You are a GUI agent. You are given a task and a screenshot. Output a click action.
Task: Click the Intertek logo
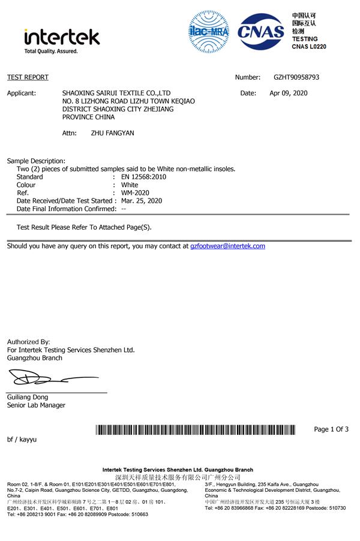pyautogui.click(x=61, y=38)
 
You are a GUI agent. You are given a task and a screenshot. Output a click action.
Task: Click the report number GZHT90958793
pyautogui.click(x=296, y=77)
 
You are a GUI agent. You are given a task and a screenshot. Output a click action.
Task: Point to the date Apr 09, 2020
pyautogui.click(x=288, y=93)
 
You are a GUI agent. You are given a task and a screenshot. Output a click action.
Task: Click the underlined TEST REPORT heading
pyautogui.click(x=28, y=77)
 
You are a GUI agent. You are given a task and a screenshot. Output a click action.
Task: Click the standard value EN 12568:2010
pyautogui.click(x=143, y=177)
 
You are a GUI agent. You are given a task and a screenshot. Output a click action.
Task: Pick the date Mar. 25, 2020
pyautogui.click(x=142, y=201)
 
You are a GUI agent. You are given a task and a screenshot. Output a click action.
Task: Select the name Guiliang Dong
pyautogui.click(x=28, y=397)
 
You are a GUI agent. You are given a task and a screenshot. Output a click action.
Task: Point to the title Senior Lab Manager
pyautogui.click(x=36, y=405)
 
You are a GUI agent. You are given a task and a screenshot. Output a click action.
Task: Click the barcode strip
pyautogui.click(x=196, y=429)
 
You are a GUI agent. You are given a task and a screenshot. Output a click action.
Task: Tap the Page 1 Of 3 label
pyautogui.click(x=331, y=429)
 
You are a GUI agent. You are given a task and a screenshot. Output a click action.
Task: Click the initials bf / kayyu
pyautogui.click(x=22, y=440)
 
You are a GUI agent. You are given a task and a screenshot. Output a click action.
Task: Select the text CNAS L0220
pyautogui.click(x=309, y=46)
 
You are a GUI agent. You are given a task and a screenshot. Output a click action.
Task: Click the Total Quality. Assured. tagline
pyautogui.click(x=51, y=52)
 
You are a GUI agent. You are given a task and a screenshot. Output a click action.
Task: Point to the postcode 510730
pyautogui.click(x=334, y=509)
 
